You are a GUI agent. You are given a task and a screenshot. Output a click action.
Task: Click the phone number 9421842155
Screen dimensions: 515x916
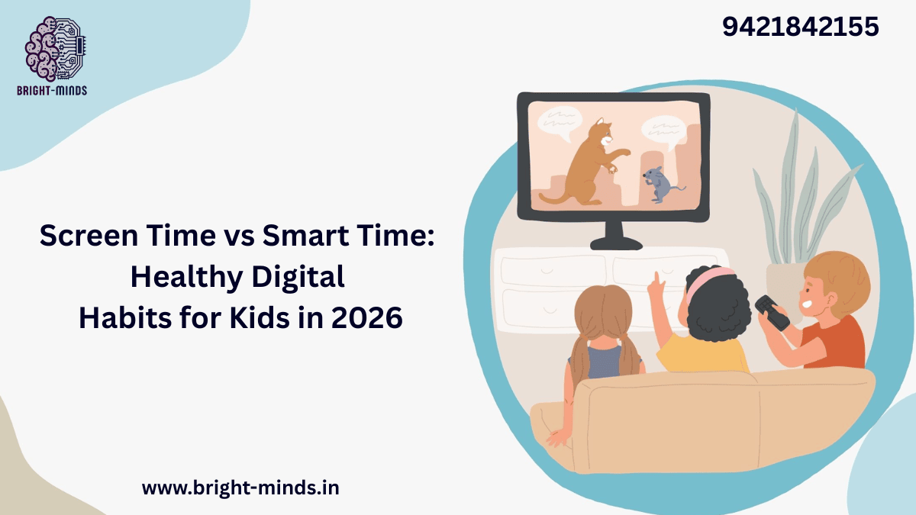(x=801, y=27)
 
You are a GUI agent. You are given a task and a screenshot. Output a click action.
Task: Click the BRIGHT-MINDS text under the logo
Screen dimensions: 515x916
(x=52, y=91)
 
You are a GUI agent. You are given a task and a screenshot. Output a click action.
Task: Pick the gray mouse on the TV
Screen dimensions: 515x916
(x=654, y=185)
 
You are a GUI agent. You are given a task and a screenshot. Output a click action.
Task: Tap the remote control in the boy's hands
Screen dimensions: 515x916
(x=772, y=313)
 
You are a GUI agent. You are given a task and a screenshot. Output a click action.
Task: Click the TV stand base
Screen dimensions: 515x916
(x=618, y=243)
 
